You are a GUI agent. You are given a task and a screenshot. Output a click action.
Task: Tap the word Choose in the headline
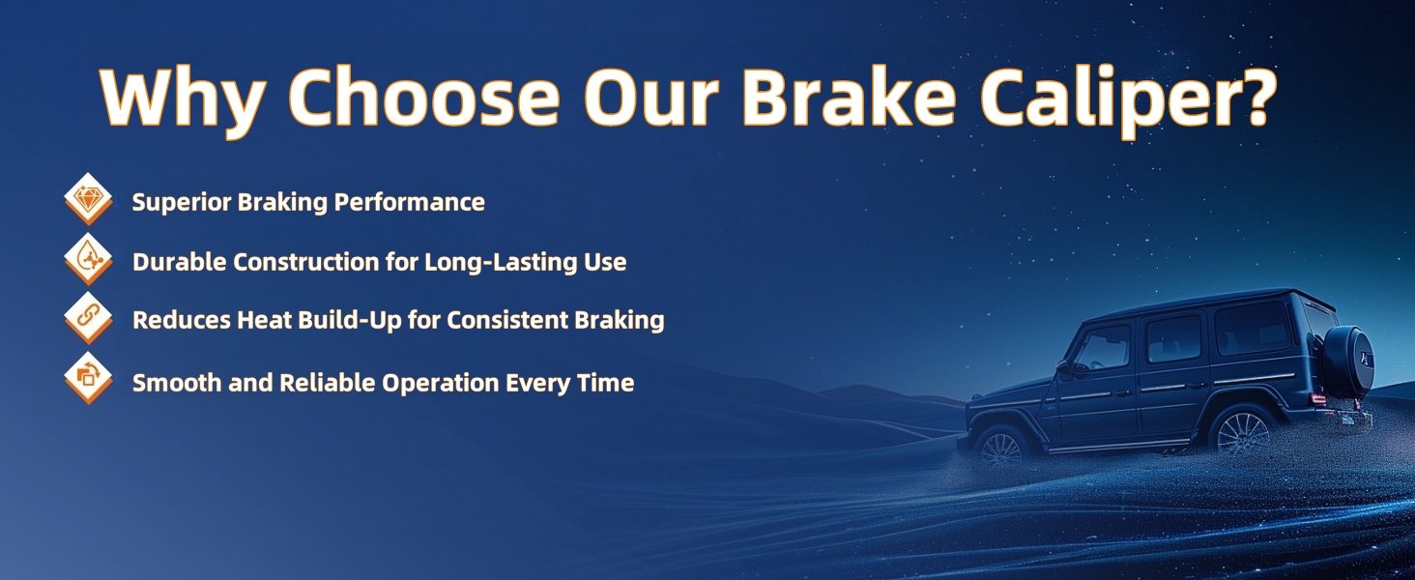[x=424, y=95]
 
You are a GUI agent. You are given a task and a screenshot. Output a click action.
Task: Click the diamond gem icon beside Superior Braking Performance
[x=89, y=198]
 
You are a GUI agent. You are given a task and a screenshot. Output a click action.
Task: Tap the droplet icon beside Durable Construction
[x=89, y=258]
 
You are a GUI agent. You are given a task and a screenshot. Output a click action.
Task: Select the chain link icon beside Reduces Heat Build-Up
[x=89, y=317]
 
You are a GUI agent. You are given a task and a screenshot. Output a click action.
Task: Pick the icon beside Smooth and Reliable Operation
[x=89, y=377]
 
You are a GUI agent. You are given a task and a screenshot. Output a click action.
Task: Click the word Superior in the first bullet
[x=182, y=203]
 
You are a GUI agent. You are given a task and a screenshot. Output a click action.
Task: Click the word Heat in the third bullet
[x=265, y=320]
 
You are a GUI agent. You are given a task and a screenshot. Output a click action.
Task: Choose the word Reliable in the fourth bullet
[x=328, y=383]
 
